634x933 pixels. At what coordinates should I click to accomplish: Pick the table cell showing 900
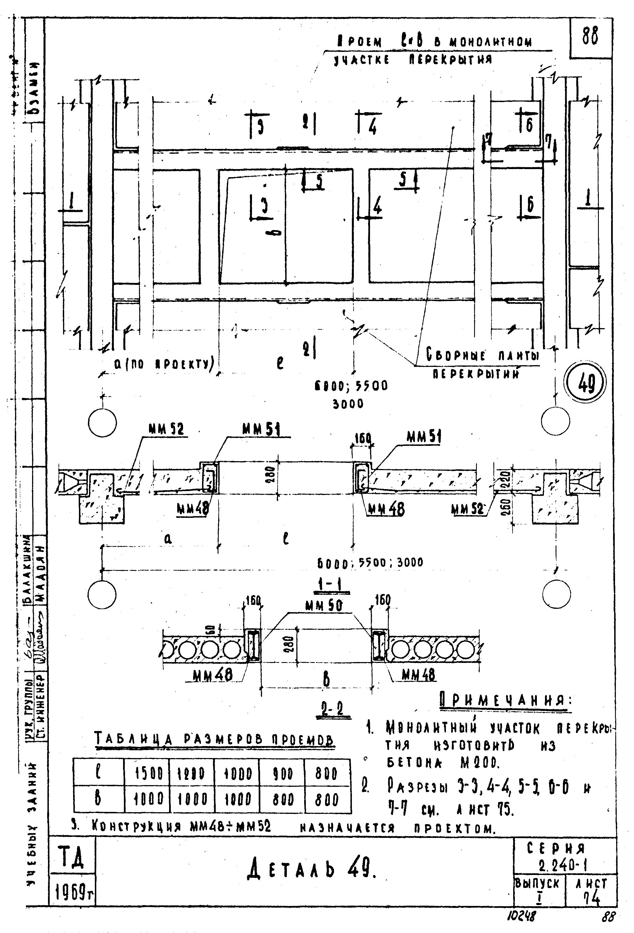pos(283,773)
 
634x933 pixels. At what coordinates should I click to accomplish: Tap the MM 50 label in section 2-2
pos(324,606)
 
